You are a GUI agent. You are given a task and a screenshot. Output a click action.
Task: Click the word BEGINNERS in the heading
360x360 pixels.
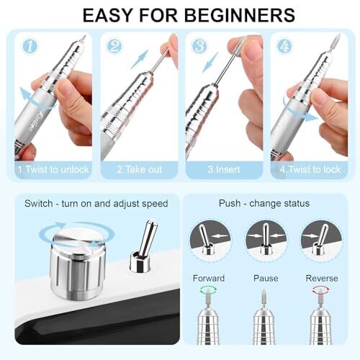[x=240, y=15]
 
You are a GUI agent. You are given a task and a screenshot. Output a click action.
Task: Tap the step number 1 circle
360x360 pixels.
[x=30, y=46]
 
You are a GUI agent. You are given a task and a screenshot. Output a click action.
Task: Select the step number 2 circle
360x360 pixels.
[x=114, y=46]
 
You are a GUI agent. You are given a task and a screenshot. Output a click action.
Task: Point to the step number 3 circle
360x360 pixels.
[x=199, y=46]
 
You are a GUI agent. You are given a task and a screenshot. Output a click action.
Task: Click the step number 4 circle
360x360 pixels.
[x=284, y=46]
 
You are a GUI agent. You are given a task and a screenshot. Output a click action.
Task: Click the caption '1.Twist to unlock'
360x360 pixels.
[x=53, y=169]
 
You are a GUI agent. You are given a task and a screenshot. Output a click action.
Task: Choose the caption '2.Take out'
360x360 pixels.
[x=139, y=169]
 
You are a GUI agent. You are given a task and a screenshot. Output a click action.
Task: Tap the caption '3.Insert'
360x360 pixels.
[x=224, y=169]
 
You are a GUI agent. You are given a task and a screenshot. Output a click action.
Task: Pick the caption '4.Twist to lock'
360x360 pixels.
[x=310, y=169]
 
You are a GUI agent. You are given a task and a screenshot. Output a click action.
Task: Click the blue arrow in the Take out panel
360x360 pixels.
[x=140, y=59]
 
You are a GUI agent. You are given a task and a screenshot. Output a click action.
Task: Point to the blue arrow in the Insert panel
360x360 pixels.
[x=210, y=63]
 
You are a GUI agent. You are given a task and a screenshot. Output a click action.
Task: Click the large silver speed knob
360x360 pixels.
[x=78, y=264]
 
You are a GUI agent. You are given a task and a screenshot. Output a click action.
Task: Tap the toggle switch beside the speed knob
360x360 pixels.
[x=143, y=246]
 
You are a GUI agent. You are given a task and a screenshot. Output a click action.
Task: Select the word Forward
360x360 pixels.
[x=209, y=279]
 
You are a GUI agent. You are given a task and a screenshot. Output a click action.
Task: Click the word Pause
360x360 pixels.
[x=266, y=279]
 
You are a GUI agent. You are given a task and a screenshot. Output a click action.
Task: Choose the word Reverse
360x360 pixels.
[x=322, y=279]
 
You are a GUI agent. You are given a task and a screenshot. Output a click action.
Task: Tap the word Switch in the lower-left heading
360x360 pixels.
[x=38, y=204]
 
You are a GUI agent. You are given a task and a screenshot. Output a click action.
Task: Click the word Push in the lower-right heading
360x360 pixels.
[x=230, y=203]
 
